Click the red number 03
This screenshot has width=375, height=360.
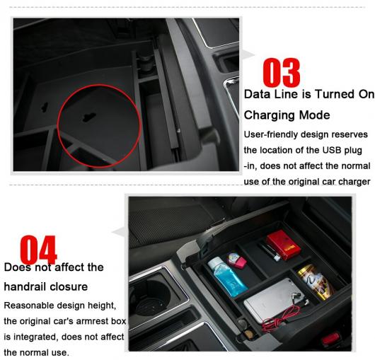282,73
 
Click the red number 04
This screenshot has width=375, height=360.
38,250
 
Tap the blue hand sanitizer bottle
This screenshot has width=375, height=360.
226,277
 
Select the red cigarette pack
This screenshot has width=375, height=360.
284,245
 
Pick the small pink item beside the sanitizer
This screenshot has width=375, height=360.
236,260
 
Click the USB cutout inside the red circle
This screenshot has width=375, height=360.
89,117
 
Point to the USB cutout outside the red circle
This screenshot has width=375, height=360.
45,108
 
